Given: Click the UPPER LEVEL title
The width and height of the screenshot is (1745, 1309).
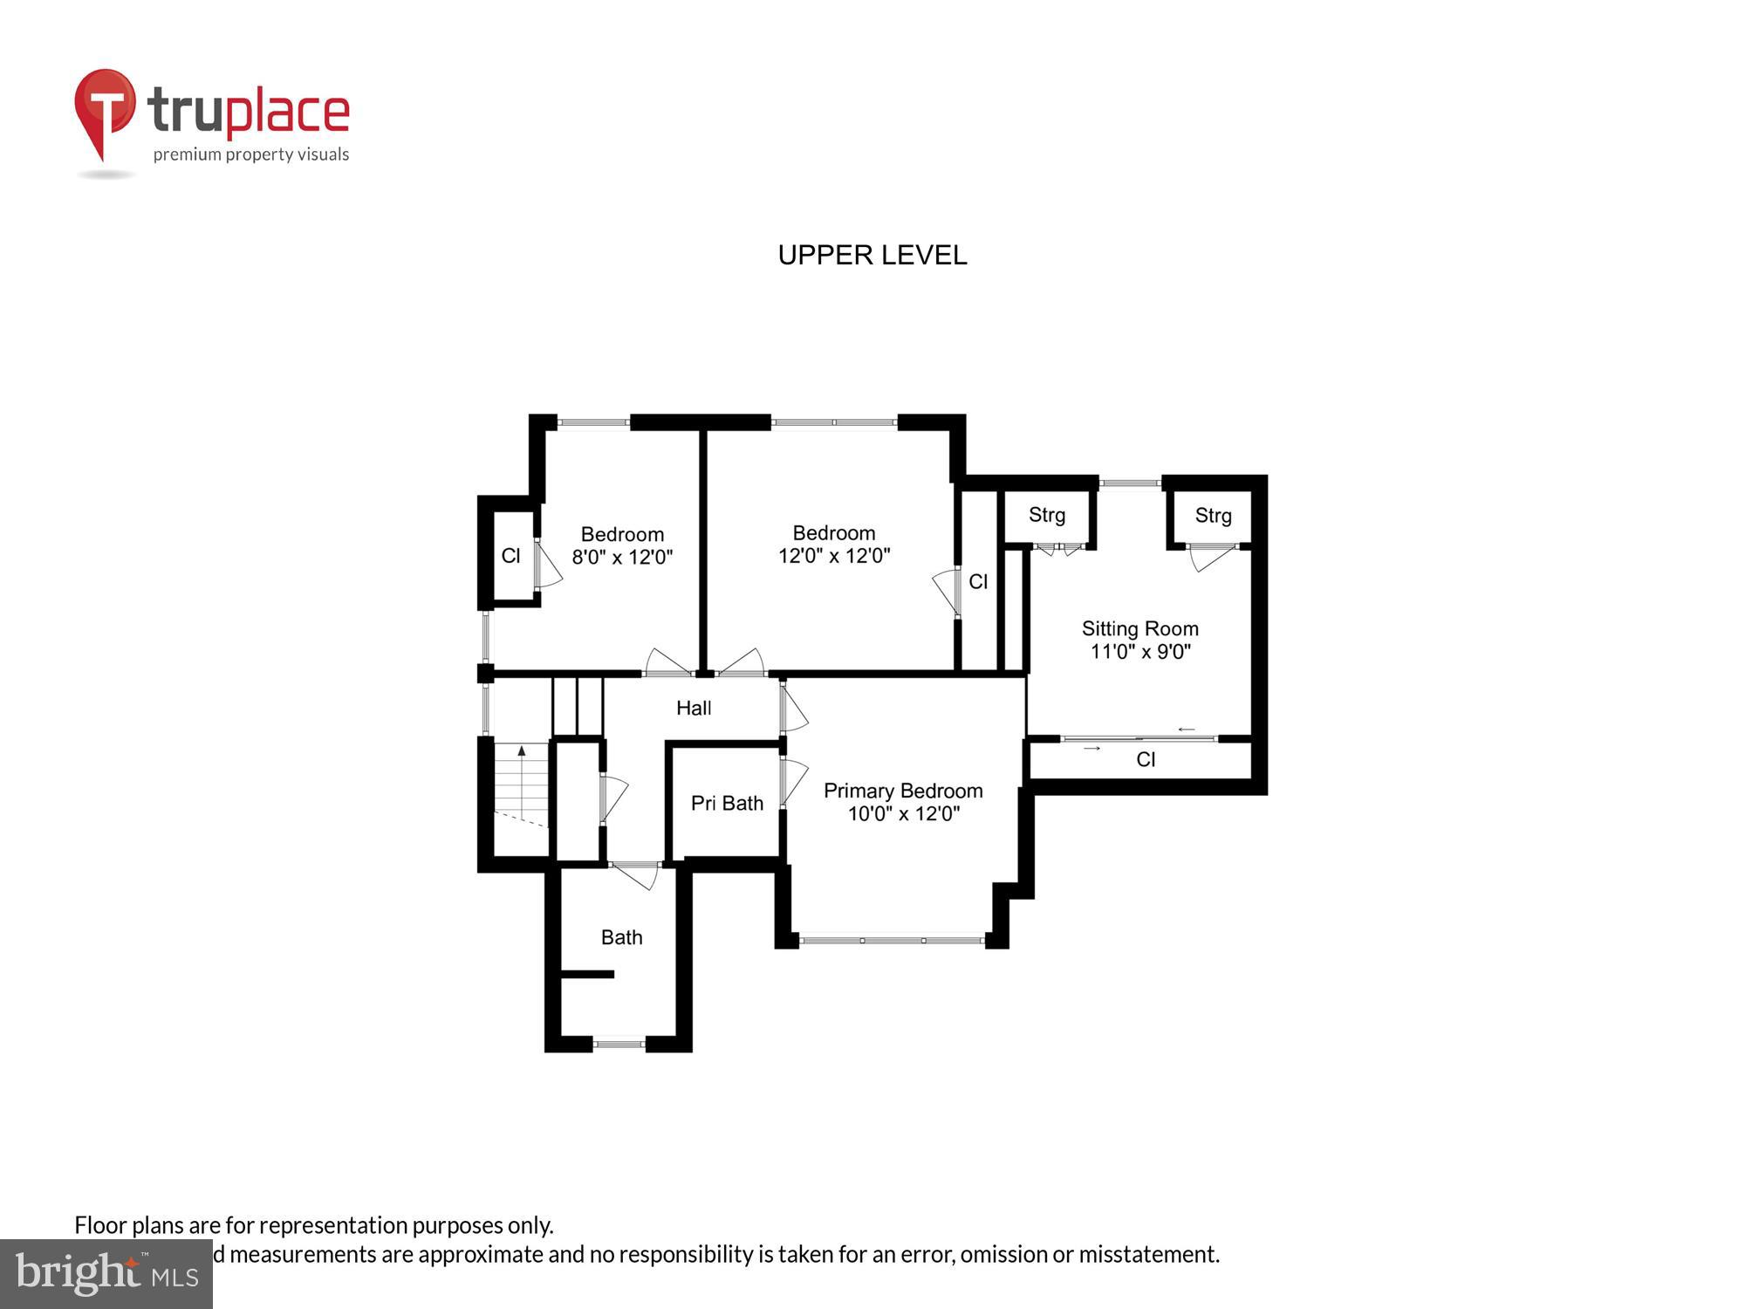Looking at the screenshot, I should click(872, 255).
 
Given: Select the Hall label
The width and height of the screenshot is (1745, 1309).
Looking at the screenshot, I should click(694, 708).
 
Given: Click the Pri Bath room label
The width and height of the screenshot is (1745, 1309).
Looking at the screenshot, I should click(727, 803).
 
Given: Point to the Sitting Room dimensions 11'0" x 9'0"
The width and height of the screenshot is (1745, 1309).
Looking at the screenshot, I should click(1139, 652).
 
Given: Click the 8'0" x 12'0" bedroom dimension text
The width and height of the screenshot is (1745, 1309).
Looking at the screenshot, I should click(622, 557).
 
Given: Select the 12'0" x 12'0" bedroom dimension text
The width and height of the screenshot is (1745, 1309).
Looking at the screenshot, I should click(834, 556).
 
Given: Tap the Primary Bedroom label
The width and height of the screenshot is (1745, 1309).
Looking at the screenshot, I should click(903, 791).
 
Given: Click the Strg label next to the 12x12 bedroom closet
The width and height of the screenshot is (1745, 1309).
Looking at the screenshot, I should click(1046, 515).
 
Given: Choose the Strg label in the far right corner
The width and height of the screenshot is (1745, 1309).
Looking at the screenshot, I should click(1213, 516).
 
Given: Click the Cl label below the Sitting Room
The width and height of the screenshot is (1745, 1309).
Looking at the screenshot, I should click(1146, 760).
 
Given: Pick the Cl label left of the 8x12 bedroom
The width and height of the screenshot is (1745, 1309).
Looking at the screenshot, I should click(510, 556).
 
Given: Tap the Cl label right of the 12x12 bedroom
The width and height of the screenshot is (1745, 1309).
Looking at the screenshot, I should click(978, 582).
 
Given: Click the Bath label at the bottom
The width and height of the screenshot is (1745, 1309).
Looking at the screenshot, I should click(621, 937).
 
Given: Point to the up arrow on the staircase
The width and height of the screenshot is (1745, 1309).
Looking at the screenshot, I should click(522, 750).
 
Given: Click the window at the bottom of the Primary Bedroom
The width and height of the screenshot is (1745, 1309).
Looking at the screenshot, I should click(892, 940).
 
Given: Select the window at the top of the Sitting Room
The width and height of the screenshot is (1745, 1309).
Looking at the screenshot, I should click(1129, 483).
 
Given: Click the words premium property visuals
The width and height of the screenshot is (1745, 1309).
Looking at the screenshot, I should click(251, 155).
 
